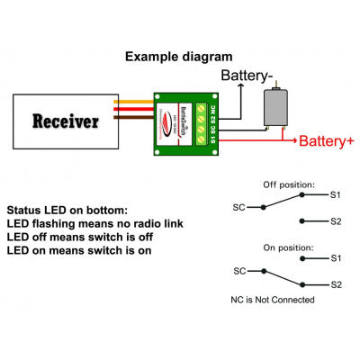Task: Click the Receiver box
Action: pyautogui.click(x=66, y=121)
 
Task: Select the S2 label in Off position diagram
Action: pyautogui.click(x=335, y=220)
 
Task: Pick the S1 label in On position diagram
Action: pyautogui.click(x=335, y=258)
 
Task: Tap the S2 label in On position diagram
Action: pyautogui.click(x=335, y=283)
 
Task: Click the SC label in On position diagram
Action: pyautogui.click(x=239, y=270)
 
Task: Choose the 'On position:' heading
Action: pyautogui.click(x=288, y=246)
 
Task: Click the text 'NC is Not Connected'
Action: pyautogui.click(x=272, y=300)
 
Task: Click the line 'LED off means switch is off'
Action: pyautogui.click(x=78, y=237)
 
